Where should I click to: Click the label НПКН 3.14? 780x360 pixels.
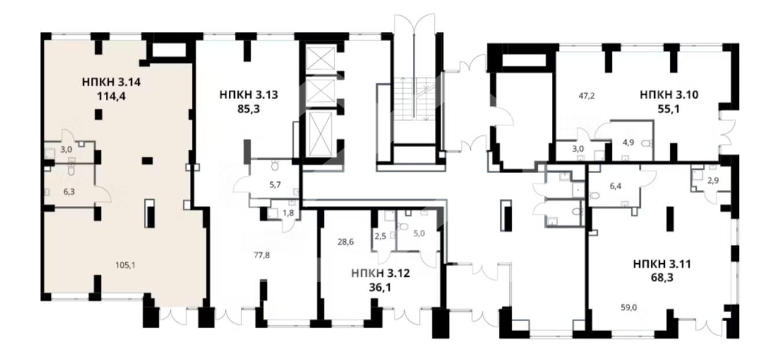click(x=111, y=82)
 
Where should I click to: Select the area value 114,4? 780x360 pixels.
click(x=111, y=96)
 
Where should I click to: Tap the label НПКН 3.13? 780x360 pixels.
click(x=248, y=95)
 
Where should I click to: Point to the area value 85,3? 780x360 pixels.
click(x=248, y=109)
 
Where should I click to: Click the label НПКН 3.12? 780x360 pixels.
click(x=380, y=273)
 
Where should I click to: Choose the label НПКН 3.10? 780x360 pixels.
click(x=669, y=95)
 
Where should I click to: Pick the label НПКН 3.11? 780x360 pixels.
click(x=662, y=264)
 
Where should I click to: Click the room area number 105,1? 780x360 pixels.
click(x=125, y=265)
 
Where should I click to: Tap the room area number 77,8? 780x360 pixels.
click(x=262, y=255)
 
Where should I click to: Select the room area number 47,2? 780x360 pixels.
click(x=587, y=95)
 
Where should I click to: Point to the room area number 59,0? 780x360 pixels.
click(x=629, y=307)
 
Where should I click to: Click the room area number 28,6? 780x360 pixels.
click(x=346, y=241)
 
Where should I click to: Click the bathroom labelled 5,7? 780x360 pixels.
click(x=275, y=179)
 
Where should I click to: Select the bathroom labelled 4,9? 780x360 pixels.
click(x=632, y=141)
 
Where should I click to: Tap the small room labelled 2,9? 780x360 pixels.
click(x=711, y=179)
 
